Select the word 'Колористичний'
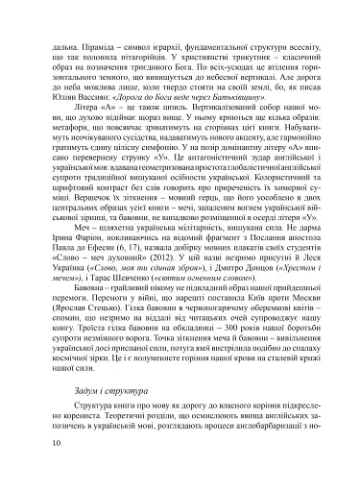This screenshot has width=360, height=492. point(254,207)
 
